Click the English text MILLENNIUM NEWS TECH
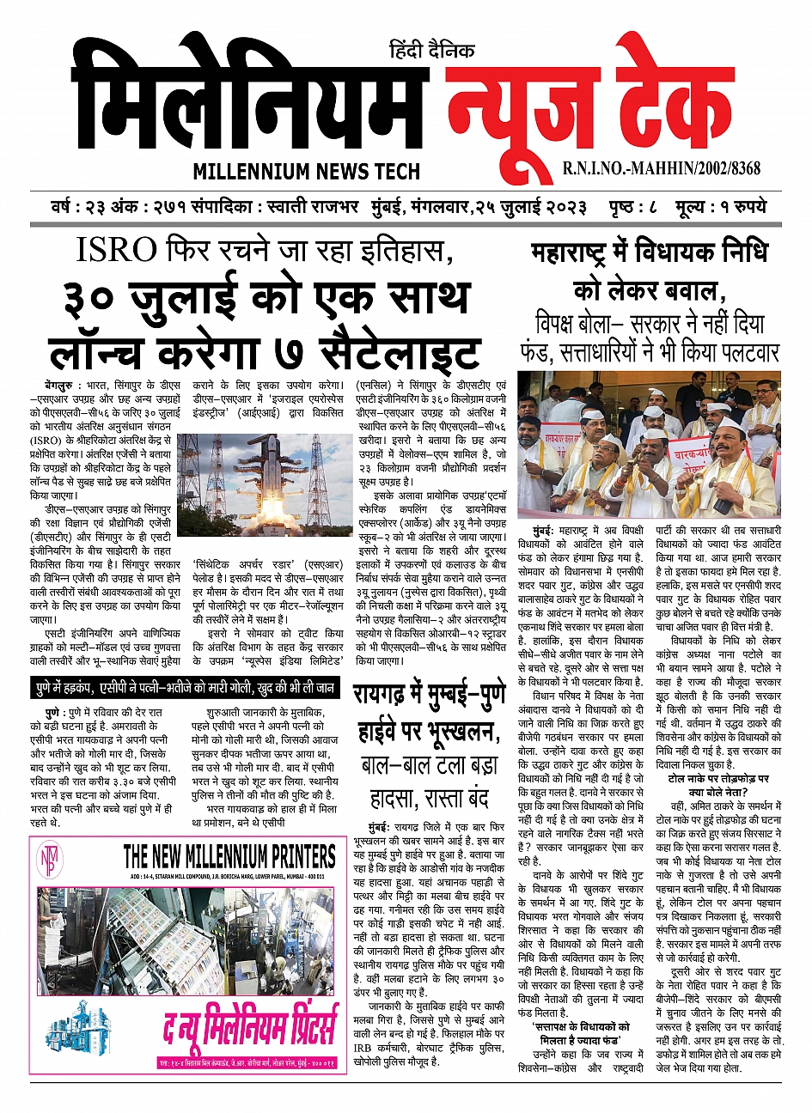point(306,171)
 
